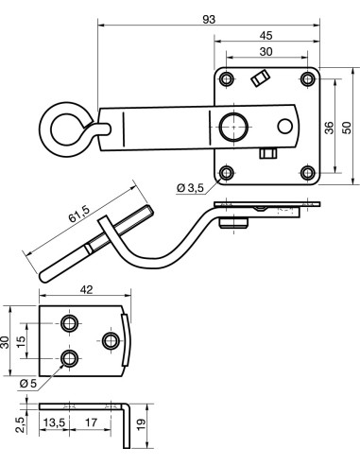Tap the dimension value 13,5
pyautogui.click(x=53, y=422)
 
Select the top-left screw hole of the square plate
pyautogui.click(x=226, y=77)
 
